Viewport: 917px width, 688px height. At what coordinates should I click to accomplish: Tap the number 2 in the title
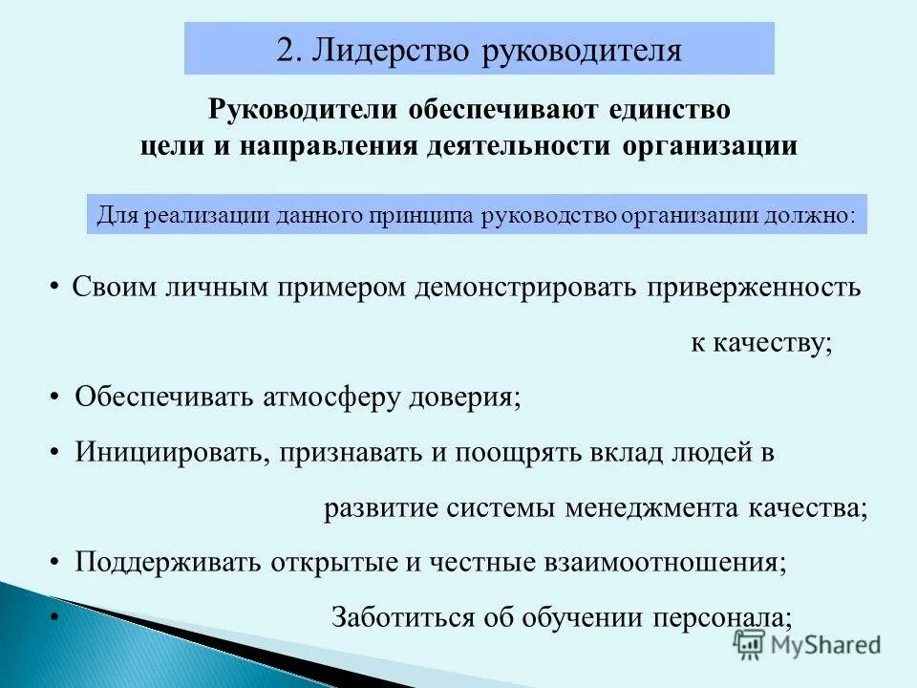click(x=285, y=50)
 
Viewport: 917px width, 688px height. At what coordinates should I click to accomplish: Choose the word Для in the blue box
click(x=115, y=215)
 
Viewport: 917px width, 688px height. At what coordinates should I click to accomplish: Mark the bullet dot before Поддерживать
click(x=56, y=562)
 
